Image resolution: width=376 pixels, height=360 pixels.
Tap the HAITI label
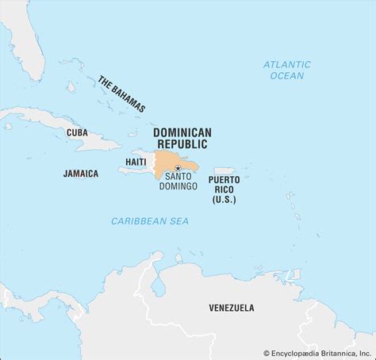pos(134,161)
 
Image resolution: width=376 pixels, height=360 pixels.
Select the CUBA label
pos(77,132)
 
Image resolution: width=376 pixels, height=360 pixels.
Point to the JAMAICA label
pos(80,173)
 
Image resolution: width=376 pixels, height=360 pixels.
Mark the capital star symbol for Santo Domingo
pos(179,167)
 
